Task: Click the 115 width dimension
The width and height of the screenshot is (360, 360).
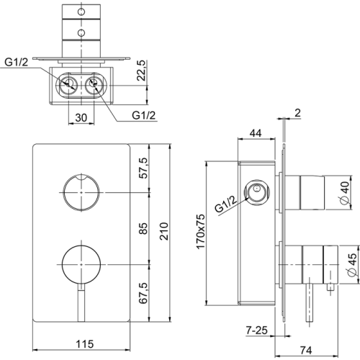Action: [84, 344]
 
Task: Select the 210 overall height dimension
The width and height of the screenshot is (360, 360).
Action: [165, 231]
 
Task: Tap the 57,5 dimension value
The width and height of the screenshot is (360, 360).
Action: [144, 168]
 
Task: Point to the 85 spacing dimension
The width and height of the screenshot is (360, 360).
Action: [144, 228]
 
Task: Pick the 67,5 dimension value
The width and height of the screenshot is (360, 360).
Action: [144, 293]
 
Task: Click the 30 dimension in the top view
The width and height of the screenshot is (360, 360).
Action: [81, 117]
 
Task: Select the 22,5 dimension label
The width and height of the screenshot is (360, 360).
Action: [141, 71]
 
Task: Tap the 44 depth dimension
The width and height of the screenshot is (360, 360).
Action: [256, 132]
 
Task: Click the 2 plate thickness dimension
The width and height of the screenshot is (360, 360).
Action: [297, 113]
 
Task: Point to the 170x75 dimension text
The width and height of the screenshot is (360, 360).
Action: [200, 232]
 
